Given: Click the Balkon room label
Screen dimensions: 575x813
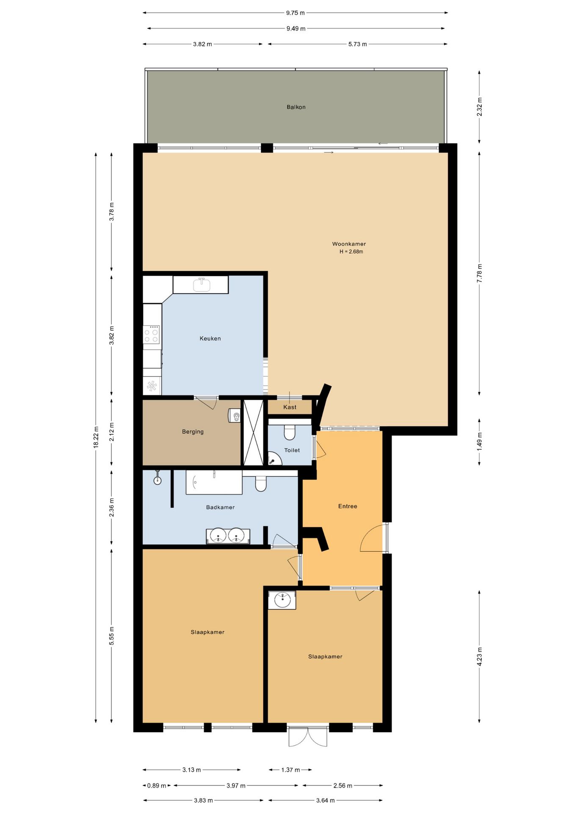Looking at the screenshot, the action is coord(296,107).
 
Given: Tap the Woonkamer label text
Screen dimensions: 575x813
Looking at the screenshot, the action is coord(349,244).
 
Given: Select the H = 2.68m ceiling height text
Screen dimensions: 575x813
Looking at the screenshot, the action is coord(351,252).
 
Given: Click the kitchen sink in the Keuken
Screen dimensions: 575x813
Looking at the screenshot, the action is coord(202,285).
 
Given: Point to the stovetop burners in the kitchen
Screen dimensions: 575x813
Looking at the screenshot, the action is coord(152,334).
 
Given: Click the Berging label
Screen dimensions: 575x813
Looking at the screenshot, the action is coord(193,432).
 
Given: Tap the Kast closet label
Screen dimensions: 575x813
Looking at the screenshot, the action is coord(290,407).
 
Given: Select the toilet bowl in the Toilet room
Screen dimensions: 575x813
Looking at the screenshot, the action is coord(290,432).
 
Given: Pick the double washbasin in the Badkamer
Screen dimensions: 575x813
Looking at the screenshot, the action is coord(228,536).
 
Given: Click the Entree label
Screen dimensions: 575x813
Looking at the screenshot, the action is coord(348,506).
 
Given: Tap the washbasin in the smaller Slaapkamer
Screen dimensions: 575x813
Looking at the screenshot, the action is coord(282,600).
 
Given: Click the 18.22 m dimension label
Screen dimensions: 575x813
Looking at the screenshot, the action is coord(96,437).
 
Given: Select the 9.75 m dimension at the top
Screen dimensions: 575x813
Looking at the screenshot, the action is coord(295,13).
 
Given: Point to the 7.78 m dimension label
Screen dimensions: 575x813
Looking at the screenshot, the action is coord(479,273).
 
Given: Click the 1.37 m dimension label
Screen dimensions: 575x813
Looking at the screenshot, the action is coord(290,770).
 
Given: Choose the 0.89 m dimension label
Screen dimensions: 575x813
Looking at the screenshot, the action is coord(157,785).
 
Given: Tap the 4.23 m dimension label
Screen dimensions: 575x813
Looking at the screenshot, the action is coord(479,656).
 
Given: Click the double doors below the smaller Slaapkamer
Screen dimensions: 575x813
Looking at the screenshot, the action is coord(308,736).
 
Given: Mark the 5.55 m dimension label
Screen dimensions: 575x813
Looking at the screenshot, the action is coord(112,636).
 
